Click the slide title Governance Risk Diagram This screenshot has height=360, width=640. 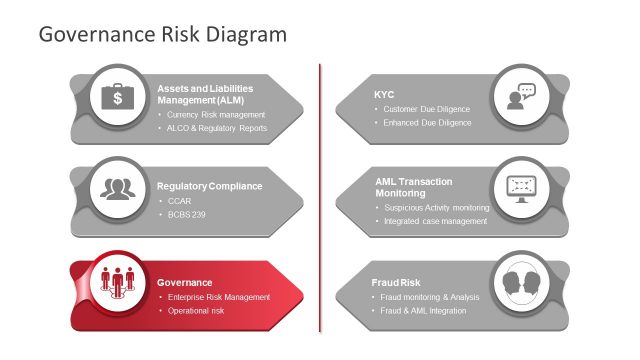click(162, 34)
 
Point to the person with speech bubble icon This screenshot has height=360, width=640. click(521, 97)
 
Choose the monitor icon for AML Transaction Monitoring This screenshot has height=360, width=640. click(521, 188)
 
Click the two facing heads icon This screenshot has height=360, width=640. click(521, 282)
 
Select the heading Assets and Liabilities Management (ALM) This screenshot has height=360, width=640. click(205, 94)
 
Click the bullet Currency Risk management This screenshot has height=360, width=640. click(215, 115)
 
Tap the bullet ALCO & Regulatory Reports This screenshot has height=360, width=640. click(217, 128)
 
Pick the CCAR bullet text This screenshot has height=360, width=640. click(179, 201)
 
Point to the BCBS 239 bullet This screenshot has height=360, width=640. click(186, 215)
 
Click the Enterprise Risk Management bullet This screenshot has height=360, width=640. click(218, 297)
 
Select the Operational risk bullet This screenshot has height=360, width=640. click(196, 311)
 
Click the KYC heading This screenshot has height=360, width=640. click(385, 94)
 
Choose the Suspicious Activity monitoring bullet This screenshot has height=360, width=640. click(436, 208)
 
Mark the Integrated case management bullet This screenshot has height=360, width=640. click(435, 221)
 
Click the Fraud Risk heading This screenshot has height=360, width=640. click(397, 283)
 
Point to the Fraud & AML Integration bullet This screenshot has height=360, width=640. click(425, 311)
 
